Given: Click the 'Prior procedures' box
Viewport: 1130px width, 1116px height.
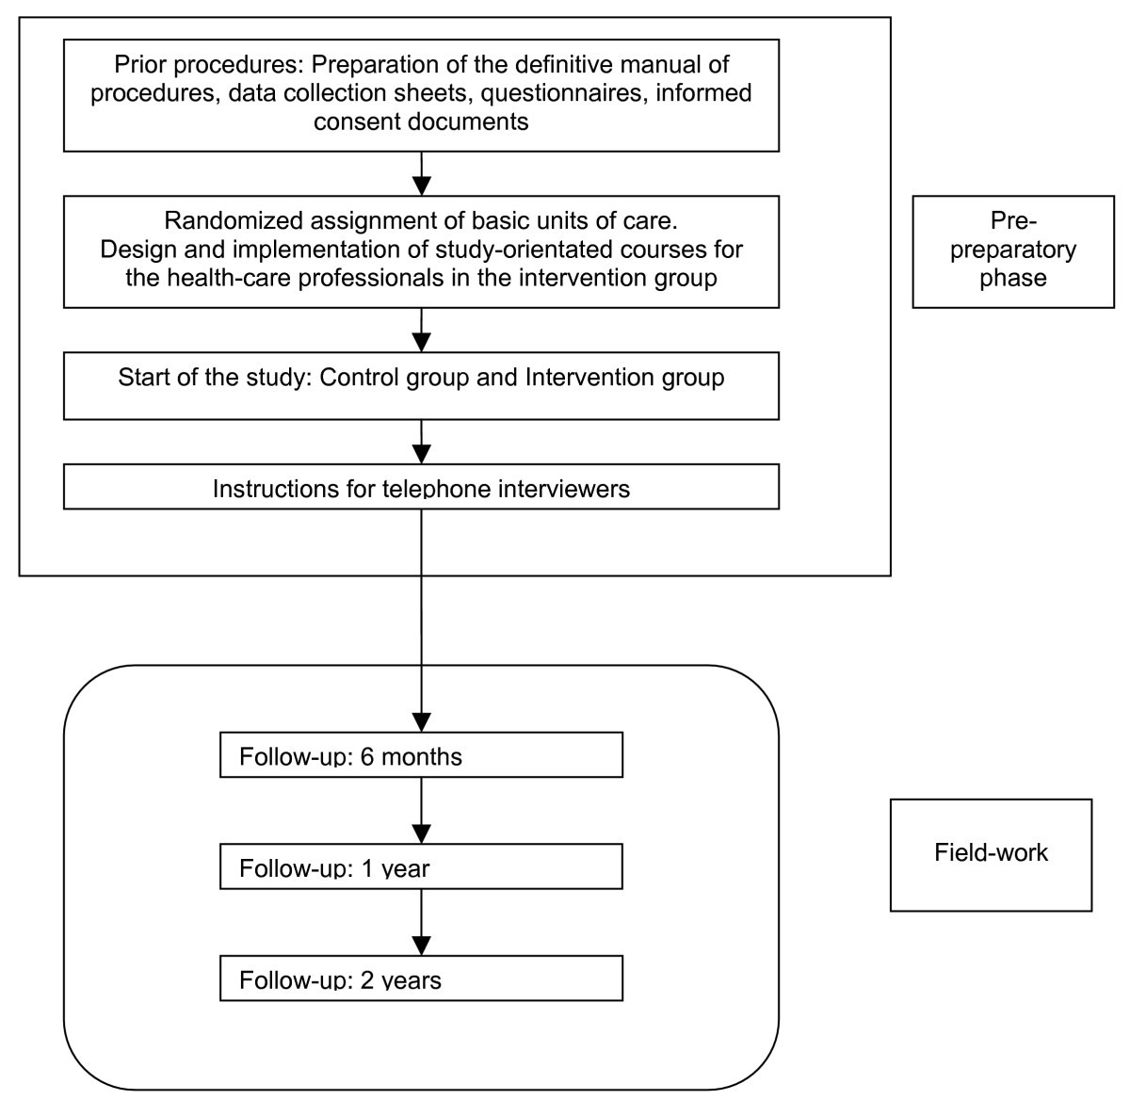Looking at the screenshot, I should pyautogui.click(x=421, y=94).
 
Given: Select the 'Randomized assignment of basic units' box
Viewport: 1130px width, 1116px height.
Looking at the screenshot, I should pyautogui.click(x=421, y=251).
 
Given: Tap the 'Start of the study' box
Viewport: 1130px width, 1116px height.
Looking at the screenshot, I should pyautogui.click(x=421, y=386).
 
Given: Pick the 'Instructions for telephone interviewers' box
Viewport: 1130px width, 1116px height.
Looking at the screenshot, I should pyautogui.click(x=421, y=488).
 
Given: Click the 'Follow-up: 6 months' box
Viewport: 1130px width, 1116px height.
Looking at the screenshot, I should pyautogui.click(x=421, y=755).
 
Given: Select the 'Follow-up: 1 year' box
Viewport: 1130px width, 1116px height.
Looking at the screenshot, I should pyautogui.click(x=421, y=866).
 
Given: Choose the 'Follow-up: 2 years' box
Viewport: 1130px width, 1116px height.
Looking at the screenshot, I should pyautogui.click(x=421, y=978).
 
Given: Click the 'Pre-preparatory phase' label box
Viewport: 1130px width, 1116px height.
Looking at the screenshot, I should pyautogui.click(x=1012, y=251).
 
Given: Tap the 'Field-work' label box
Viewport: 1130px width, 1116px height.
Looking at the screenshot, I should pyautogui.click(x=991, y=853).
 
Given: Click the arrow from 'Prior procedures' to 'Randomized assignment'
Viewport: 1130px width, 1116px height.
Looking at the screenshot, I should pyautogui.click(x=421, y=173).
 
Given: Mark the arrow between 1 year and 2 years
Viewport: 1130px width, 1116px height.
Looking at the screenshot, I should pyautogui.click(x=421, y=922).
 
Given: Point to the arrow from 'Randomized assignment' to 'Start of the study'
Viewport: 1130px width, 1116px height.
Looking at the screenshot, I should pyautogui.click(x=421, y=330).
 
